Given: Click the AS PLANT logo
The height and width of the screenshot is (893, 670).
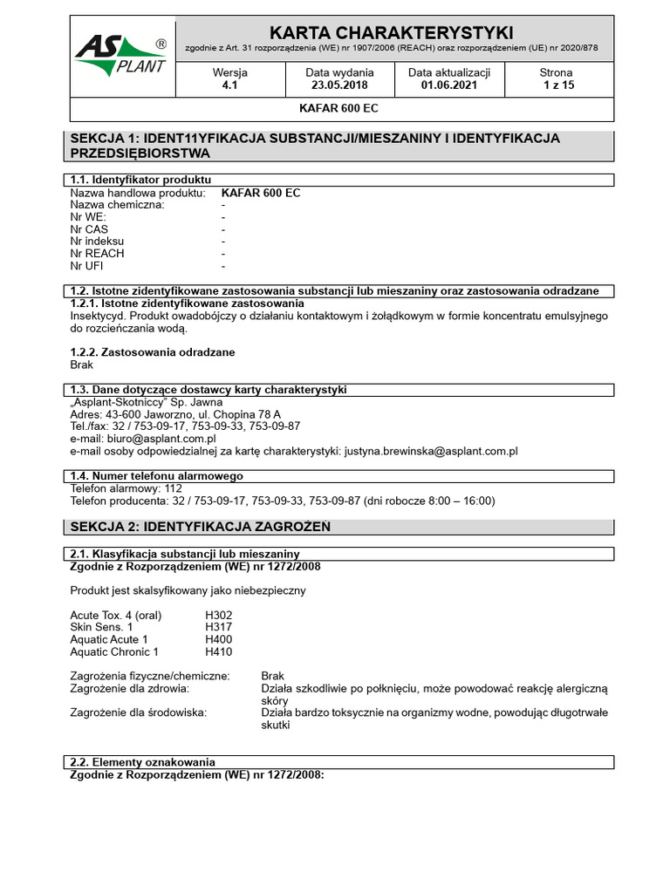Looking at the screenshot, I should [123, 58].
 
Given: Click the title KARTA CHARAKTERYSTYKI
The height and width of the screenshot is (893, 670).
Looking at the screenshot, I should [392, 32].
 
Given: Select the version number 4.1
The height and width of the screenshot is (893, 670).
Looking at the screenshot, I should [230, 85].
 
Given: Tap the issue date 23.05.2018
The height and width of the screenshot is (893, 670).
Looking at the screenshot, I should [339, 85].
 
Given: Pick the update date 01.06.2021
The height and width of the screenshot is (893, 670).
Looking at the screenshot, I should [449, 85].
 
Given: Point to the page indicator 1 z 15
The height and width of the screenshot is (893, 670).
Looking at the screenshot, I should [557, 85].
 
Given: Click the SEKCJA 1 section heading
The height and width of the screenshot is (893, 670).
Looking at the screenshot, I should [315, 146].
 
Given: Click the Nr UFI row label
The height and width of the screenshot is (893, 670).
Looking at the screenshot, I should [86, 265].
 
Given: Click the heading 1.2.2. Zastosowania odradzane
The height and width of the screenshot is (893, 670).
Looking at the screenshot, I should [152, 352].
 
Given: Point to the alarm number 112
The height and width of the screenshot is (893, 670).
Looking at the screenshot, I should [174, 488].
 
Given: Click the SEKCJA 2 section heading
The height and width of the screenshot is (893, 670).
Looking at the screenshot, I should [201, 527].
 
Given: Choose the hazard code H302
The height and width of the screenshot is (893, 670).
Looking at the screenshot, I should [219, 615].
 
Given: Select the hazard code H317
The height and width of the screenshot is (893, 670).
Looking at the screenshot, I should [219, 627].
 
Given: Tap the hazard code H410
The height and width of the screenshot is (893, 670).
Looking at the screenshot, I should [219, 651].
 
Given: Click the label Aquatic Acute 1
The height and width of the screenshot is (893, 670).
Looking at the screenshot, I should [109, 639].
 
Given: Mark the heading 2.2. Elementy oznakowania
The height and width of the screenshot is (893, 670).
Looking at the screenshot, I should [142, 761].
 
